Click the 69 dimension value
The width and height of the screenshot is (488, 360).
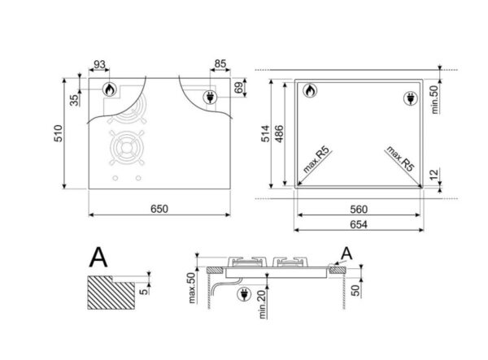click(x=238, y=87)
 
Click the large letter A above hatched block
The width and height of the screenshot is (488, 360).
click(x=98, y=258)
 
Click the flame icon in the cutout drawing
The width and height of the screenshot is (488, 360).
click(x=309, y=93)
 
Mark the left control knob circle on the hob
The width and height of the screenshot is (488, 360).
click(x=115, y=178)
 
